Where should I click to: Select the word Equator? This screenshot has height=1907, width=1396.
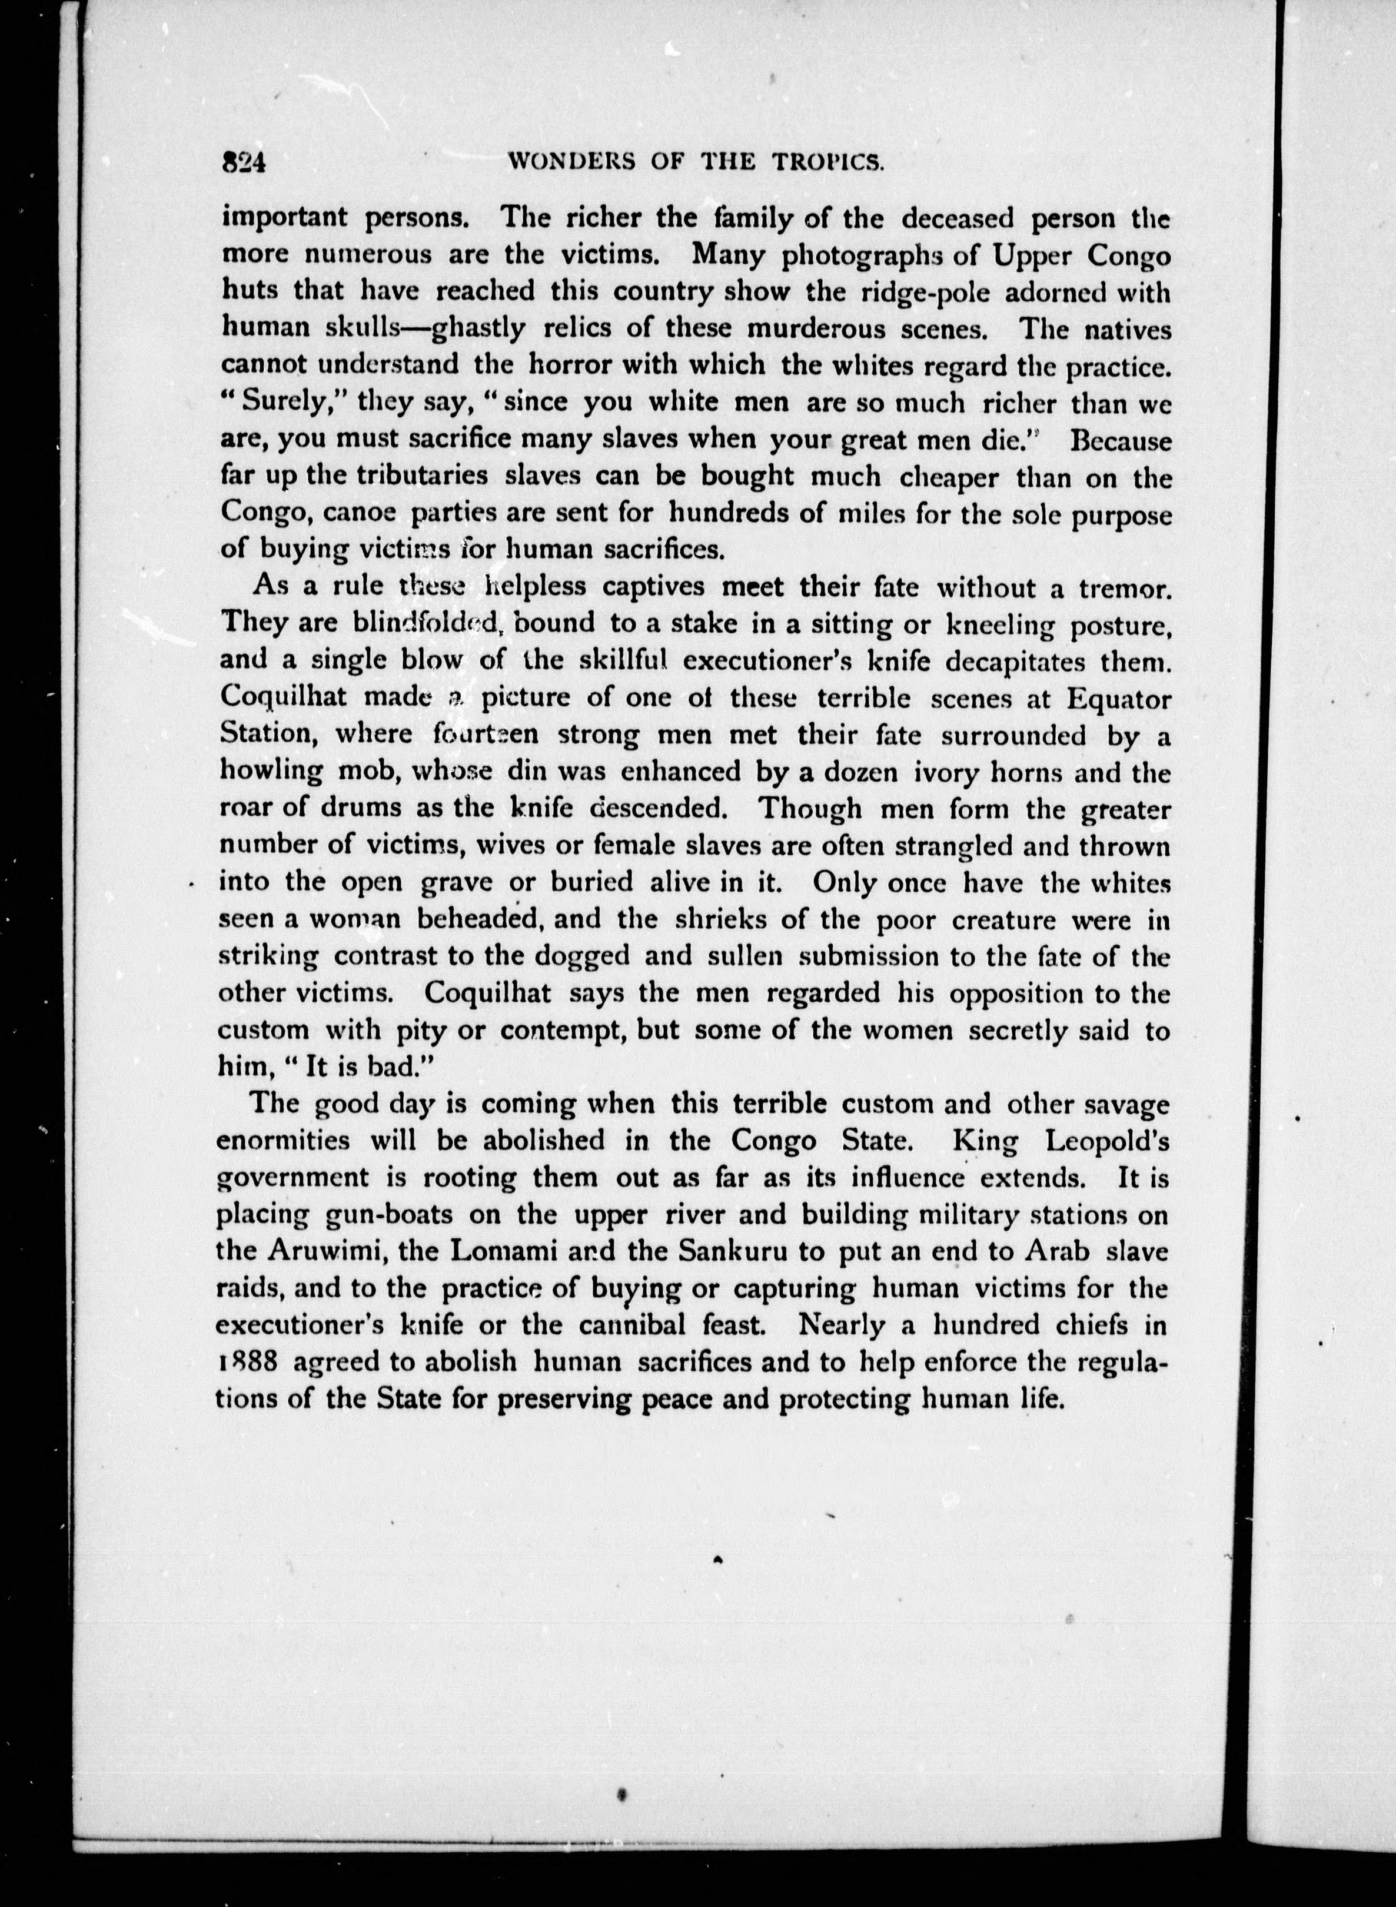1119,700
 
